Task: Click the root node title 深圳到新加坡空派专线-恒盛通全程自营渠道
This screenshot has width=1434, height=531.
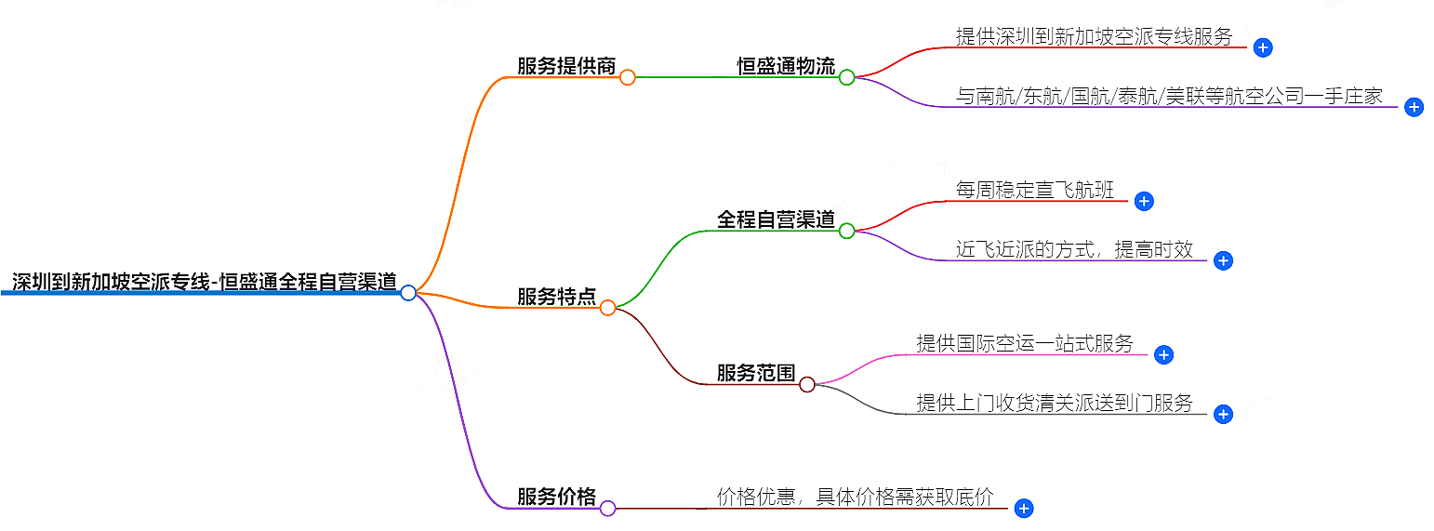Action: pyautogui.click(x=204, y=282)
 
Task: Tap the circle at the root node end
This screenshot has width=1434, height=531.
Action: pyautogui.click(x=407, y=293)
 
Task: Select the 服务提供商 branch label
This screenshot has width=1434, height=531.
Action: pyautogui.click(x=566, y=66)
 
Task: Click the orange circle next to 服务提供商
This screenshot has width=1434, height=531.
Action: pyautogui.click(x=627, y=77)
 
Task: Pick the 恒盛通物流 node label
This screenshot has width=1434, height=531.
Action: pyautogui.click(x=786, y=66)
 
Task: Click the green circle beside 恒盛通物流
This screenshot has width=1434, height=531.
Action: pyautogui.click(x=846, y=77)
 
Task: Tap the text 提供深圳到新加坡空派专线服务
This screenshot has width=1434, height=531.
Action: pyautogui.click(x=1094, y=36)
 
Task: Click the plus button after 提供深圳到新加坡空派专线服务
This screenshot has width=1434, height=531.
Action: pyautogui.click(x=1262, y=47)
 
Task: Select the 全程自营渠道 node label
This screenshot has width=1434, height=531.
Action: pyautogui.click(x=776, y=219)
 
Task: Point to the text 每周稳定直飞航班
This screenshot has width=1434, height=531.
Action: pyautogui.click(x=1034, y=190)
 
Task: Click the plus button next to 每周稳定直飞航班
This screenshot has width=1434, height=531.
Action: pyautogui.click(x=1144, y=201)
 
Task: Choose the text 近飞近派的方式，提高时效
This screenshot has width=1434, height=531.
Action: pyautogui.click(x=1074, y=249)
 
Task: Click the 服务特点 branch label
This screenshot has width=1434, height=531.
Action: pyautogui.click(x=556, y=297)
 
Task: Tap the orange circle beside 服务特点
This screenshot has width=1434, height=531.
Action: pyautogui.click(x=607, y=308)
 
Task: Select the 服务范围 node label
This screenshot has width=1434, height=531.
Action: pyautogui.click(x=756, y=373)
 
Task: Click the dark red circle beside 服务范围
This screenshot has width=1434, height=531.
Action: pyautogui.click(x=807, y=384)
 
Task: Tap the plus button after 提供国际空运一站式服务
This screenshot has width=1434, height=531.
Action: pyautogui.click(x=1162, y=354)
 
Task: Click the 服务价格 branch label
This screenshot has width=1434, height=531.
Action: pyautogui.click(x=556, y=497)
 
